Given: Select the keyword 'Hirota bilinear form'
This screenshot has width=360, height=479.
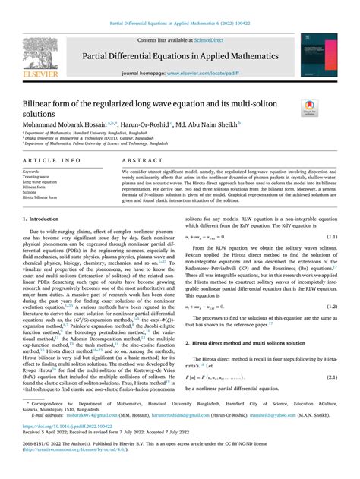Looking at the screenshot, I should [40, 198].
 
